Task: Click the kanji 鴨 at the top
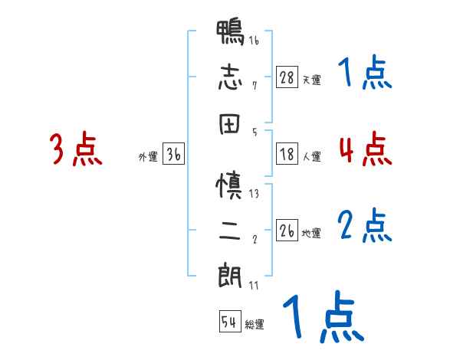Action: pos(231,34)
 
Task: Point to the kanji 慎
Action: pos(231,185)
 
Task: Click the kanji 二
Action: pos(231,229)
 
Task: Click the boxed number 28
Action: pos(287,77)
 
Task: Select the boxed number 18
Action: pos(287,154)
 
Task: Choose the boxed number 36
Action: pos(174,155)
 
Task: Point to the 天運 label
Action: pos(311,80)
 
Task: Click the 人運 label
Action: pos(311,156)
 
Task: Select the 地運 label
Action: pos(311,233)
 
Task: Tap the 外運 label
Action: pos(148,157)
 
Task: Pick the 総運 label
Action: pos(254,324)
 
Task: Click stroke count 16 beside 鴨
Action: pos(254,41)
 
